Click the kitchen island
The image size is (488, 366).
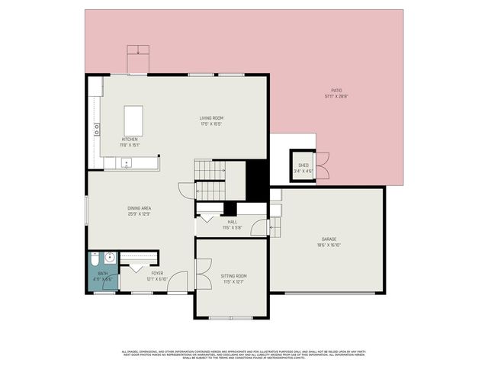click(134, 120)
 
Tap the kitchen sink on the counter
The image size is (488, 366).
click(125, 162)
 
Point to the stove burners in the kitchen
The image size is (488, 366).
click(97, 129)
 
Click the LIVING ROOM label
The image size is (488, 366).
click(211, 117)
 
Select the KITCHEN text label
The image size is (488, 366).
click(130, 140)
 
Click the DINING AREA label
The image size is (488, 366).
click(139, 208)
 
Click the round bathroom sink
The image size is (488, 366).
click(108, 258)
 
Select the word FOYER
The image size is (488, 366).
click(157, 273)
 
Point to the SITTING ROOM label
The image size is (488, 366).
click(233, 275)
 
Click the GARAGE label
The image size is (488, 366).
click(329, 239)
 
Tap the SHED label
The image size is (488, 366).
click(303, 165)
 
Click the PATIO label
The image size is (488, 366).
click(336, 91)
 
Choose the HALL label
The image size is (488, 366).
click(232, 222)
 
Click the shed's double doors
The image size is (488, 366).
click(322, 165)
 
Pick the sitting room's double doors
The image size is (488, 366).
click(202, 274)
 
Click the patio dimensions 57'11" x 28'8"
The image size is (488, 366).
click(336, 97)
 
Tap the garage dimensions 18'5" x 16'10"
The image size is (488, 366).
click(329, 246)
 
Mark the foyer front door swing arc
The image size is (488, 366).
click(178, 281)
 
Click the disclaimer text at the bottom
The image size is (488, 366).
click(243, 353)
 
